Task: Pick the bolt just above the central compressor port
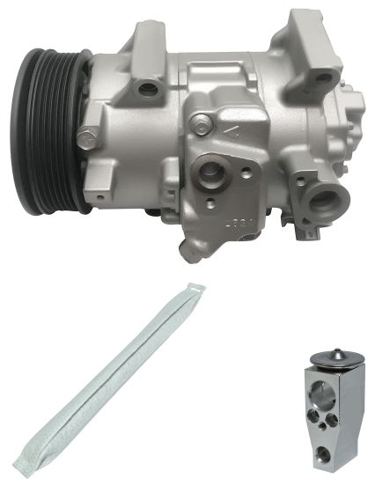pyautogui.click(x=203, y=122)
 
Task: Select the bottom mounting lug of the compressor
pyautogui.click(x=192, y=248)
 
